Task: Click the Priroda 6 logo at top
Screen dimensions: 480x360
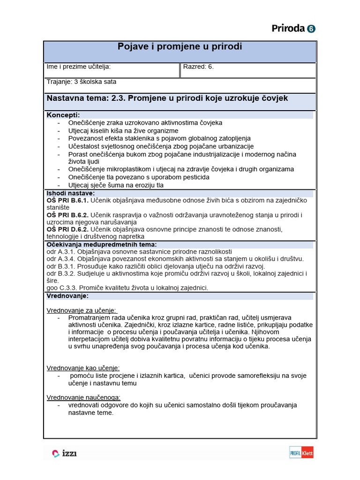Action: coord(293,29)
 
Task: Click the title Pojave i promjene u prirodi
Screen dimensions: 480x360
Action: coord(180,47)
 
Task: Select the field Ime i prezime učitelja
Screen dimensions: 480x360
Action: coord(78,67)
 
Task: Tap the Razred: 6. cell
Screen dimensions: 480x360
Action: coord(198,67)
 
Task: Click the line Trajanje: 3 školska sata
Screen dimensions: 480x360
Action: coord(81,82)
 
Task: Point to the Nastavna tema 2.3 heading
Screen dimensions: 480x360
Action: coord(167,98)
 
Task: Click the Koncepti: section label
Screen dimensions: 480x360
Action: coord(63,115)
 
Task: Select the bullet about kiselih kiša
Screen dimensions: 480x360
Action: coord(123,131)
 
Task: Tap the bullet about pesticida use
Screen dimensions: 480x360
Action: coord(139,177)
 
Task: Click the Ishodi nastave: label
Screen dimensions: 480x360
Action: coord(70,193)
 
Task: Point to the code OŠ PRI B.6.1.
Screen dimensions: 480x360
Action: coord(67,201)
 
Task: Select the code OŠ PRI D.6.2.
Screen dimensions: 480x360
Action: coord(67,229)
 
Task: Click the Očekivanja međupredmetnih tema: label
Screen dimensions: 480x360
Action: coord(101,244)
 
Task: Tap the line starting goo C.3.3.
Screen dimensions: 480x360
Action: coord(127,288)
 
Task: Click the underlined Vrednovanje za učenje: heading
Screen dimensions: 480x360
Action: coord(82,310)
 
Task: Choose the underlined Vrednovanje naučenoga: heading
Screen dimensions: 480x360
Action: coord(83,397)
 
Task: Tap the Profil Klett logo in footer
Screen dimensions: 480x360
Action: coord(301,453)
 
